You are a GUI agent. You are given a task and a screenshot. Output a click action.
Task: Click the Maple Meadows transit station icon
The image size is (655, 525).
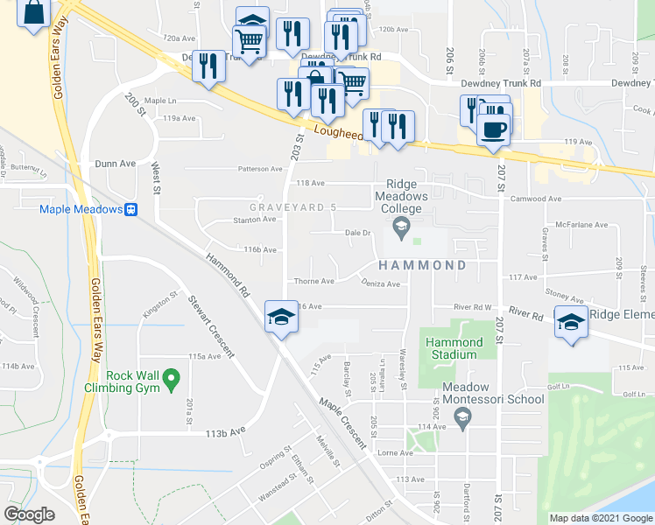(x=130, y=209)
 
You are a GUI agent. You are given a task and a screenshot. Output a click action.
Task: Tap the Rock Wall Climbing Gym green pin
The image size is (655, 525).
(x=173, y=380)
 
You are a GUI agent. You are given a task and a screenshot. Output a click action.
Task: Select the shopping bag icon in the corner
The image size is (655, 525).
(x=33, y=14)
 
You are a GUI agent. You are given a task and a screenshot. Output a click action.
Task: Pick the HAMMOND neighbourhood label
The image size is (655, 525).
(x=423, y=264)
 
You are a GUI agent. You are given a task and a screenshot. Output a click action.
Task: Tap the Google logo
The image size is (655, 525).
(x=29, y=514)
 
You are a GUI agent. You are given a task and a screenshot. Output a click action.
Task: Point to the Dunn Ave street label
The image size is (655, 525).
(x=116, y=163)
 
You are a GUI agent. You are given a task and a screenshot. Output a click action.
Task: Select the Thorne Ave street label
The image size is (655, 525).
(x=314, y=281)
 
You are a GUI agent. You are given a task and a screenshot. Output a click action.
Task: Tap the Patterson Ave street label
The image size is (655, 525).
(x=260, y=169)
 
